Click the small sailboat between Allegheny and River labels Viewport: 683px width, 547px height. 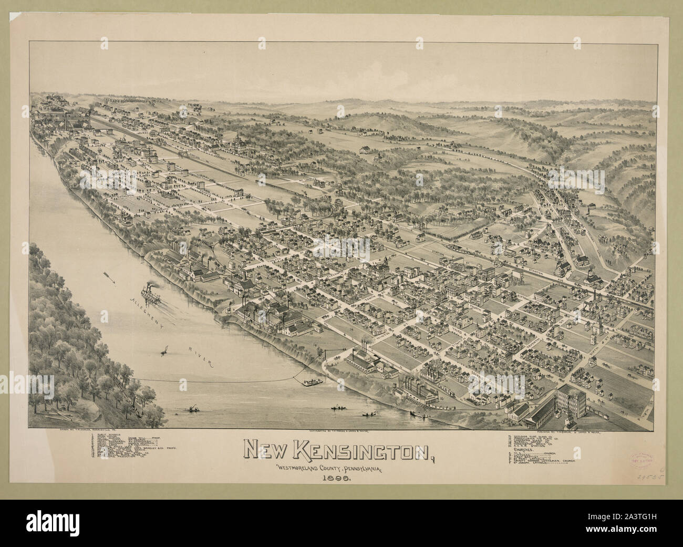(165, 349)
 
